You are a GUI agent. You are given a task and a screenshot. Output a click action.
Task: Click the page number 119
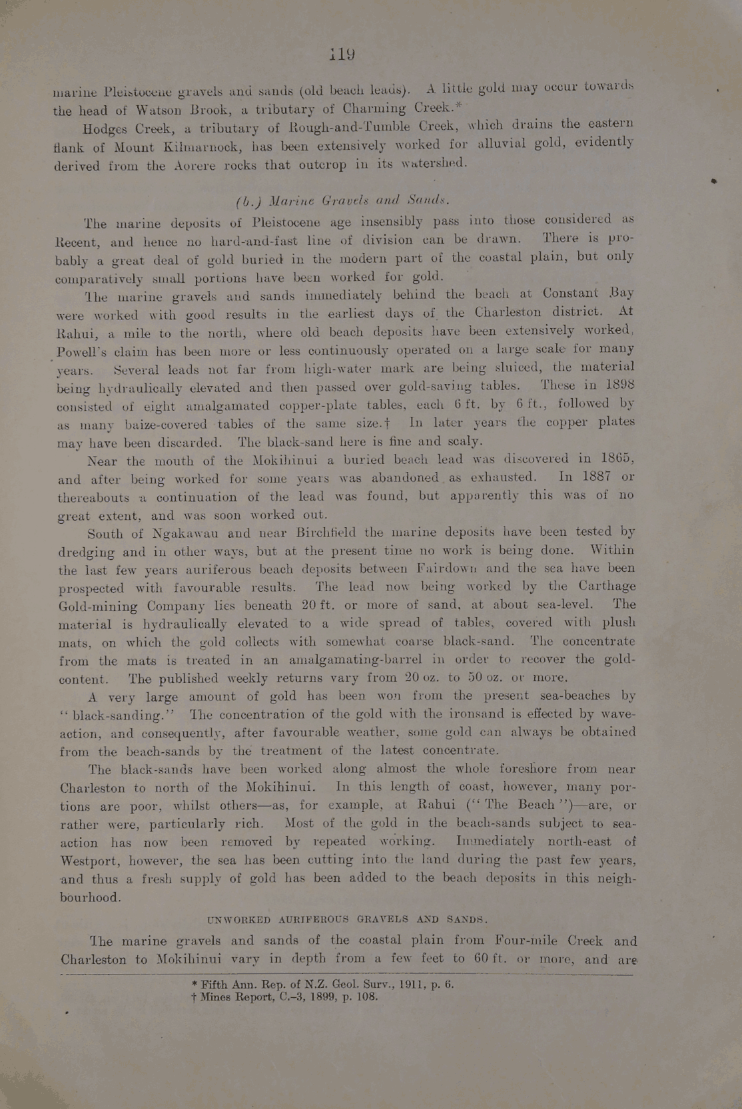tap(342, 54)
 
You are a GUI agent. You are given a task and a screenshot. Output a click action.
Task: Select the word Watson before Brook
tap(152, 111)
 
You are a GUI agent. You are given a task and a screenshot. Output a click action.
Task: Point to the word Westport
tap(91, 861)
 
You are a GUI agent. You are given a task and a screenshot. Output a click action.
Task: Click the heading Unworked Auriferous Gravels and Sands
tap(348, 920)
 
